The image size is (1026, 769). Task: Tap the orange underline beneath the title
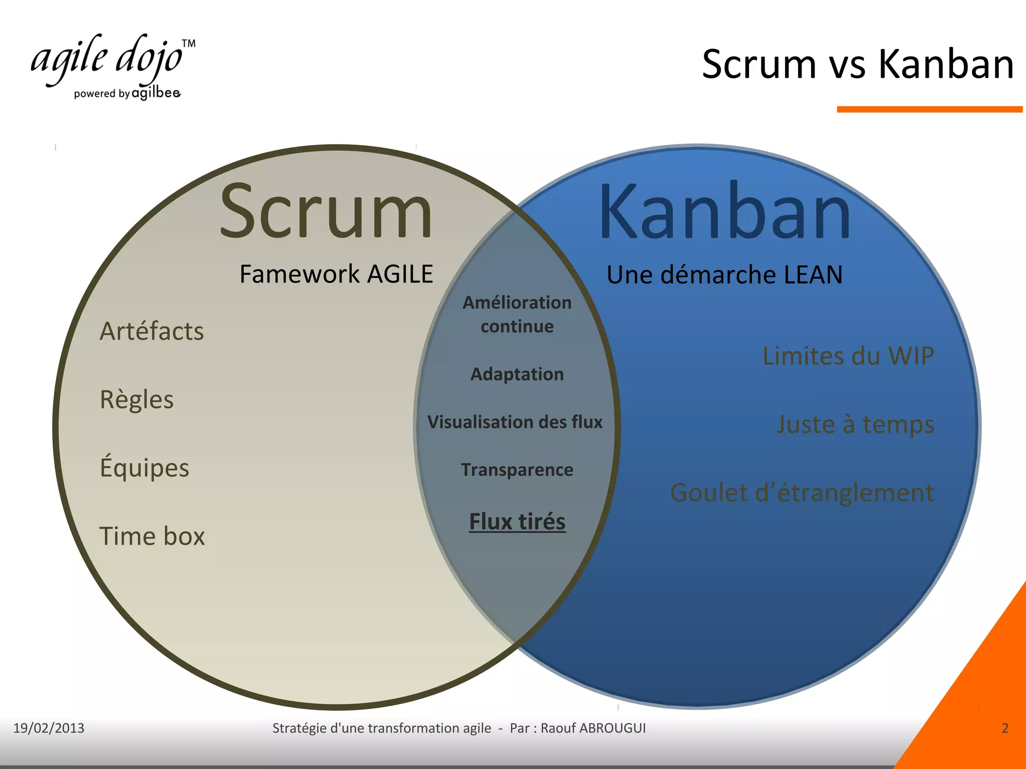tap(929, 109)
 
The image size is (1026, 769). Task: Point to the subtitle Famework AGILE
tap(336, 274)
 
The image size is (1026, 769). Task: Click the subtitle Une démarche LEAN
tap(724, 274)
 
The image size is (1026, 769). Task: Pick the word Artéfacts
tap(152, 331)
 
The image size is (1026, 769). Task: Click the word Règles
tap(137, 400)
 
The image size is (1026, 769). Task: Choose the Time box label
tap(152, 536)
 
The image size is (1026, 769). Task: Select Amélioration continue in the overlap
tap(517, 314)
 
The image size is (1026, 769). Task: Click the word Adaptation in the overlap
tap(517, 374)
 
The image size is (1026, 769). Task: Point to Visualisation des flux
tap(515, 422)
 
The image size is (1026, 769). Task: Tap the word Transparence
tap(517, 470)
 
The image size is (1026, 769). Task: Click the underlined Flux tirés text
tap(517, 521)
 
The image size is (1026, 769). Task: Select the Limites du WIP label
tap(848, 356)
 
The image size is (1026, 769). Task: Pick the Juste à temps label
tap(855, 424)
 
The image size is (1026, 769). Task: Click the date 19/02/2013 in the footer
tap(49, 728)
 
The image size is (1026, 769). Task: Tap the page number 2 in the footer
tap(1004, 728)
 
